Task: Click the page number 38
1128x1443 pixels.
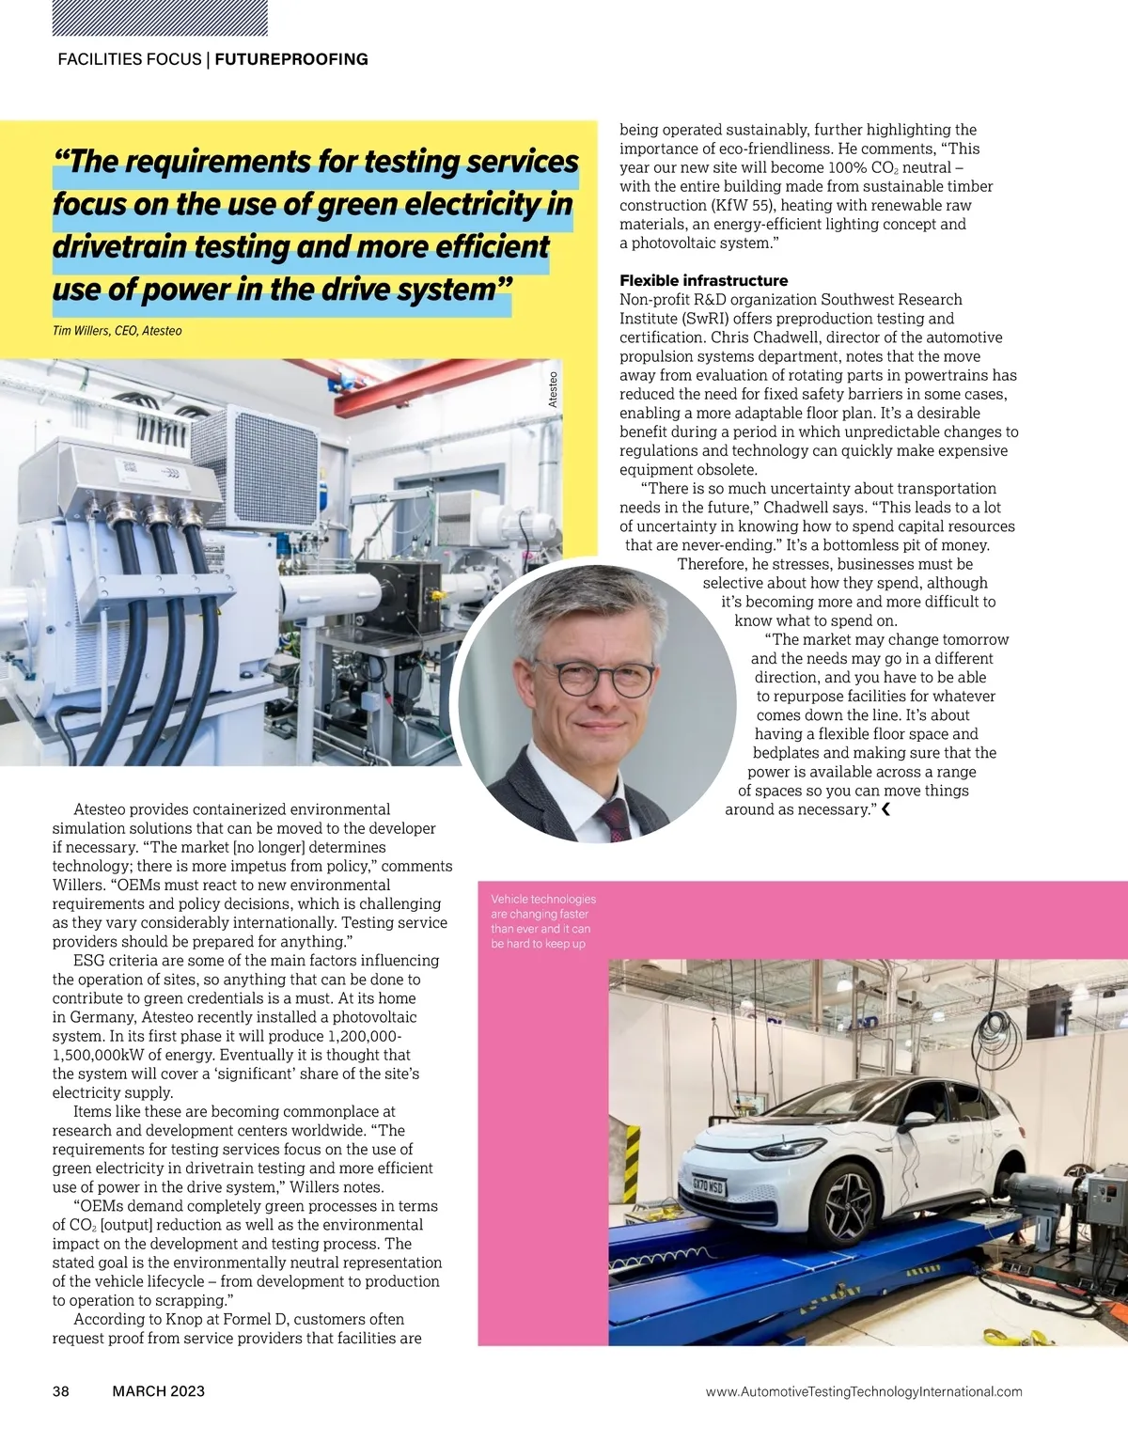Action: point(61,1391)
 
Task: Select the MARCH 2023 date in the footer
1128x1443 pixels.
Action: point(158,1391)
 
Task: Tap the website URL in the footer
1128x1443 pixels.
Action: point(863,1392)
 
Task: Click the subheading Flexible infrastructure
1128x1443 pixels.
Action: point(703,280)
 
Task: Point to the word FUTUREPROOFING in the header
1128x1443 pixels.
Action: point(291,59)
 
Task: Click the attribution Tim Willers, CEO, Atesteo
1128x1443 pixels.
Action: point(117,331)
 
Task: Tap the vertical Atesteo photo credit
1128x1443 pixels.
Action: point(554,389)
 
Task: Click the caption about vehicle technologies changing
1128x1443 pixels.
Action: point(542,921)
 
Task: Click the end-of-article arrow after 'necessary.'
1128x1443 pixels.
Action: point(885,809)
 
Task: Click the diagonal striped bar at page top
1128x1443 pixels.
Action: point(161,18)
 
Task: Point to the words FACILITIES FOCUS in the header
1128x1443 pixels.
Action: point(130,59)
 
